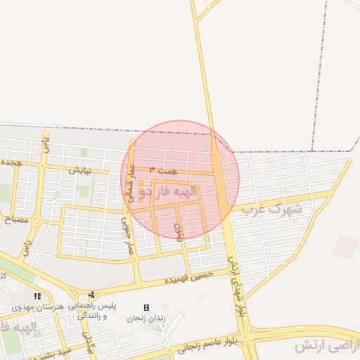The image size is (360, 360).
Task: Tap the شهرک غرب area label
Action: tap(271, 209)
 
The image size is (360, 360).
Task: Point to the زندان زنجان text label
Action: tap(146, 318)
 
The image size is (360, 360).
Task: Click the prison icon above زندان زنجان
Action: tap(146, 307)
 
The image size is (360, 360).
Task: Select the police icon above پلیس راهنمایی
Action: tap(91, 295)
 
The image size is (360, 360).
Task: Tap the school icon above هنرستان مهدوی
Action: tap(37, 297)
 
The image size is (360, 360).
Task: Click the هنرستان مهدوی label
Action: tap(37, 308)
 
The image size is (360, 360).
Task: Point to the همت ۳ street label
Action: tap(163, 171)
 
